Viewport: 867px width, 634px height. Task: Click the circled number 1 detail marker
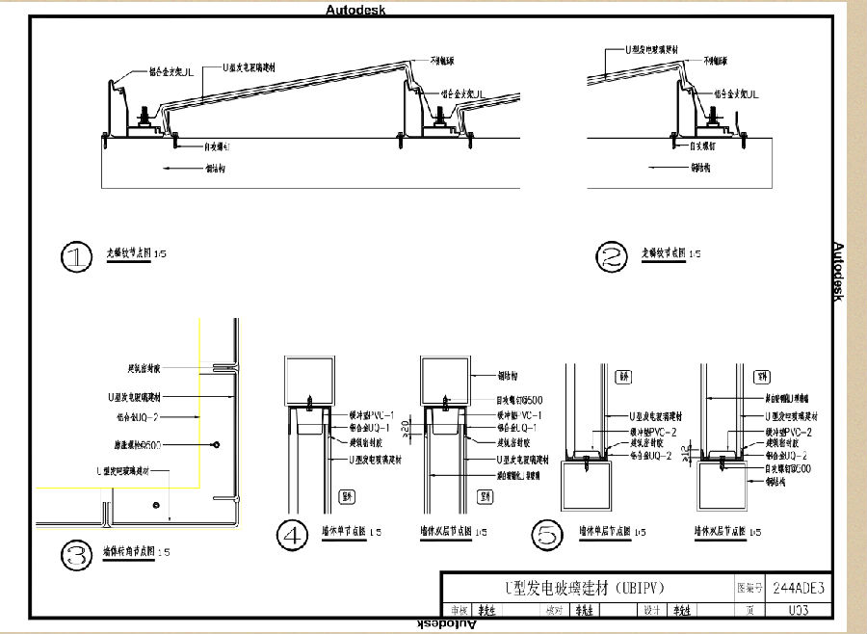(x=75, y=256)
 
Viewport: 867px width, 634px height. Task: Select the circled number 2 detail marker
(x=612, y=256)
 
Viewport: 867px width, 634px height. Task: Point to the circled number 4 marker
(x=292, y=535)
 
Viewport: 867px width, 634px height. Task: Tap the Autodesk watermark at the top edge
(x=356, y=11)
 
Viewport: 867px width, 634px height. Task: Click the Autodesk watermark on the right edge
(x=838, y=271)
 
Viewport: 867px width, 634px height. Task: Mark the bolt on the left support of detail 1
(x=144, y=115)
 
